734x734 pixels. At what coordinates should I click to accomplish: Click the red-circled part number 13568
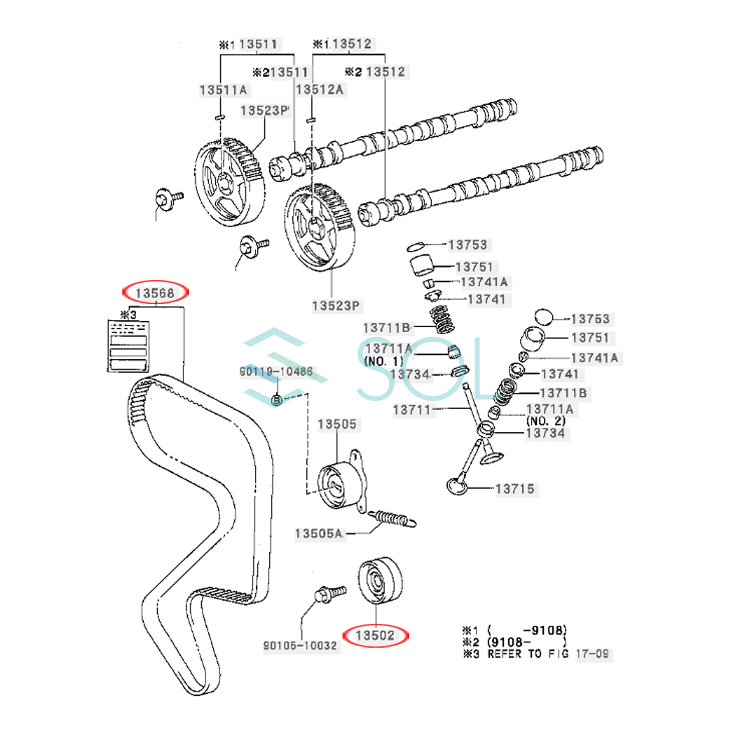click(x=155, y=294)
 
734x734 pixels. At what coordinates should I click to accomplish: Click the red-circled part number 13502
click(x=375, y=636)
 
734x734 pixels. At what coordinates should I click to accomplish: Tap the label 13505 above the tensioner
click(x=336, y=424)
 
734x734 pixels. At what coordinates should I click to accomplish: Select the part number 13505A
click(x=318, y=533)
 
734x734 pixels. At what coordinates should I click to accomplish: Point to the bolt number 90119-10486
click(x=276, y=371)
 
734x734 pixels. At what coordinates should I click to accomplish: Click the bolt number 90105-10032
click(x=300, y=645)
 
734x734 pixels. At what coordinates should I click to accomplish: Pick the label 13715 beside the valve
click(x=514, y=489)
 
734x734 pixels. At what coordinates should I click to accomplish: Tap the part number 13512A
click(x=319, y=89)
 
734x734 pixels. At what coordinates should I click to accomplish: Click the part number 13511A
click(x=223, y=90)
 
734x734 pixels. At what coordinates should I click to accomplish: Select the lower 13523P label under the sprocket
click(x=335, y=305)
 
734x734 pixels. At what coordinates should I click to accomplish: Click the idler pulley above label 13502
click(x=379, y=580)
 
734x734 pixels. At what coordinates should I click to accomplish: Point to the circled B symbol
click(x=276, y=400)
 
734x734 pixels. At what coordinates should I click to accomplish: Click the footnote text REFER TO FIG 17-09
click(x=548, y=654)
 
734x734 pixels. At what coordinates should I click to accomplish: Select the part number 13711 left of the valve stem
click(x=412, y=410)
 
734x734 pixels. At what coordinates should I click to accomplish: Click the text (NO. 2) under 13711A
click(x=546, y=421)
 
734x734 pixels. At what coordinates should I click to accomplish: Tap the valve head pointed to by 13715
click(x=456, y=487)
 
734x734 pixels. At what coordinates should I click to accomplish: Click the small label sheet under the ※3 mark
click(x=127, y=345)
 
